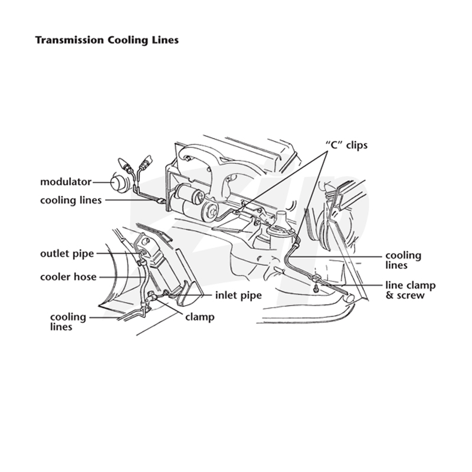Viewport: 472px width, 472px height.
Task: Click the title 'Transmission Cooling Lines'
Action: click(x=107, y=40)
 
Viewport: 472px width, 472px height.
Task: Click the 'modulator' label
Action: click(x=65, y=182)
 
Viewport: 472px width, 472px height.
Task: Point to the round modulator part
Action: click(x=119, y=183)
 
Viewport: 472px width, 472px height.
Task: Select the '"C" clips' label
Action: click(x=346, y=145)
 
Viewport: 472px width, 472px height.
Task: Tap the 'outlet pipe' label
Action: click(x=67, y=254)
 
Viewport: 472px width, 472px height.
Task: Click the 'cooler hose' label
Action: click(x=68, y=277)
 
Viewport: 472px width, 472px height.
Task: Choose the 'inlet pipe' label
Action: click(x=238, y=296)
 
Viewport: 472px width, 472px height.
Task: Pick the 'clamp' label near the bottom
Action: click(x=200, y=317)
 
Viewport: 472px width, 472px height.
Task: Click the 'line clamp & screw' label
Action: click(x=411, y=290)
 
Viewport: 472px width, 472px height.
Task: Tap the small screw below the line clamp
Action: click(x=316, y=289)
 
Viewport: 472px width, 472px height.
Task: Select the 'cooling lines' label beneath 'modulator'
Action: click(x=71, y=201)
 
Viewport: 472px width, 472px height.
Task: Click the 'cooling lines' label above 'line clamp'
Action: click(x=404, y=260)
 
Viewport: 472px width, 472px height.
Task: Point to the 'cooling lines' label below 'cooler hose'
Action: click(x=68, y=322)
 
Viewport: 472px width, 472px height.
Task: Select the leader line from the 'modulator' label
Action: click(x=101, y=182)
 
